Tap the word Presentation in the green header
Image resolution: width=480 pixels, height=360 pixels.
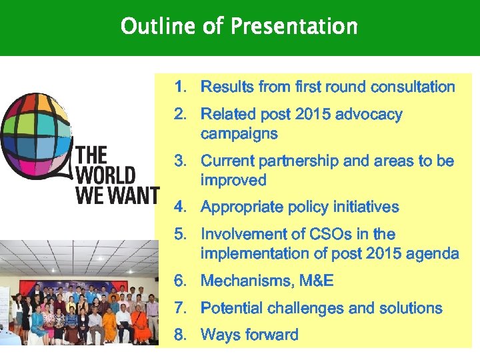294,27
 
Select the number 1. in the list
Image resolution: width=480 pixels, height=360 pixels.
180,87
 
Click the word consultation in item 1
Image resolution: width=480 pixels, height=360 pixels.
413,87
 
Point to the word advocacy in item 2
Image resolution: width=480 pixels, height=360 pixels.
369,115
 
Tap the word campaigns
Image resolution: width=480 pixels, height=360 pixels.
239,133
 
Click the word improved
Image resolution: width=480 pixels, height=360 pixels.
233,181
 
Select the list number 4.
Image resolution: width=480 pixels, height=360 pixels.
180,207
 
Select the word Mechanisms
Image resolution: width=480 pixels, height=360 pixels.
246,281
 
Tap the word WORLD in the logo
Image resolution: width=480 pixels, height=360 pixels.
105,175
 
